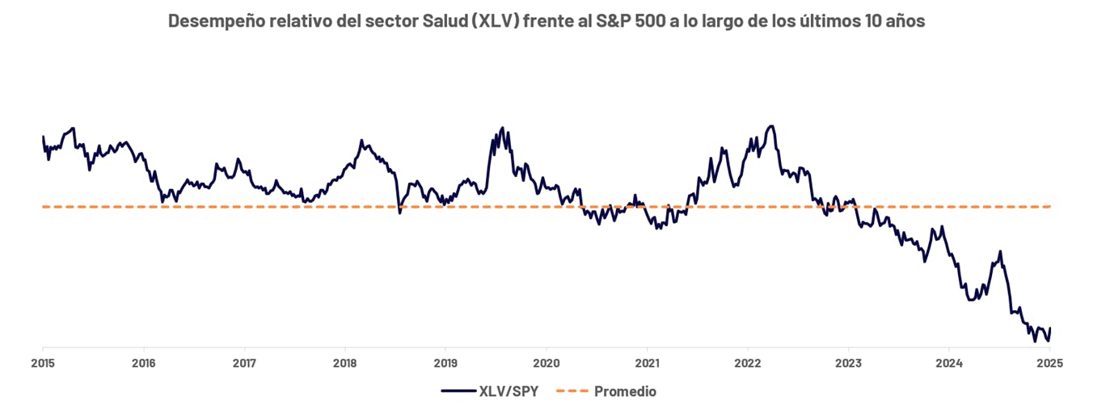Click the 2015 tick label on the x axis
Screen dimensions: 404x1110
pos(43,363)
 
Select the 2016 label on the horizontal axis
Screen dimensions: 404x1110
pos(143,363)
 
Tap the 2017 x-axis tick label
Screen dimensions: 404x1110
pos(244,363)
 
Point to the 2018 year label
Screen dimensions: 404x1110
pos(344,363)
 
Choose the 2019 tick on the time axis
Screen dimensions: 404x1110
pos(445,363)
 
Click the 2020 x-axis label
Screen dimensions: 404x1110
pos(546,363)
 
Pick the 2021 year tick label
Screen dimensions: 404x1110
pos(647,363)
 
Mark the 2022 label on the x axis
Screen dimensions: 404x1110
pos(747,363)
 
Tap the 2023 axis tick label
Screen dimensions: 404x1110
pos(848,363)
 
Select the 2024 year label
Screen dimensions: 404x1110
pos(948,363)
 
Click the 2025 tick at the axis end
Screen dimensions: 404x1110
pos(1049,363)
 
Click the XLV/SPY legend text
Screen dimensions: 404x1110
pos(509,392)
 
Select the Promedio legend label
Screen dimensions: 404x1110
pos(625,392)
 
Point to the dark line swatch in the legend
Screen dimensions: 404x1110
pos(458,392)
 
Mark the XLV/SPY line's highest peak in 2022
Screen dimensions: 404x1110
pos(771,126)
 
